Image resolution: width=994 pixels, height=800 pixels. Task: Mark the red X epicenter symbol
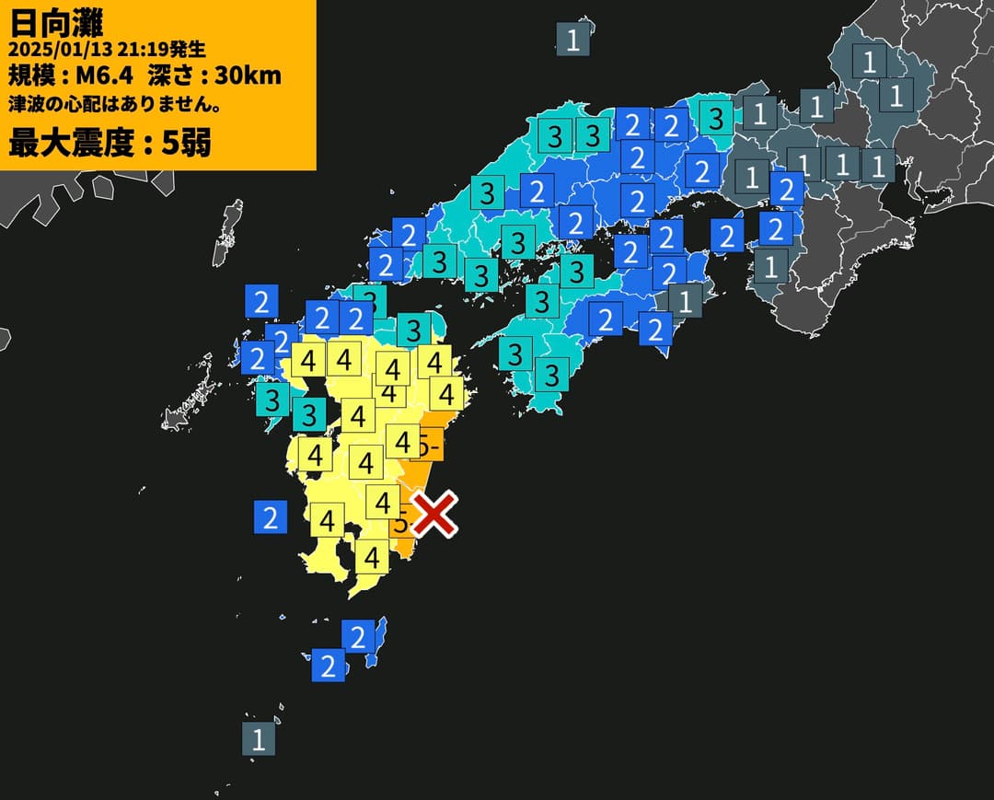coord(434,514)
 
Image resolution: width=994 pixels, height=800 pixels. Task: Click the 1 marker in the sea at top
coord(572,40)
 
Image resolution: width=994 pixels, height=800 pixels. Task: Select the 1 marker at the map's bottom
coord(259,739)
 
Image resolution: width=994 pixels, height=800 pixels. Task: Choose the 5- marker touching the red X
coord(401,523)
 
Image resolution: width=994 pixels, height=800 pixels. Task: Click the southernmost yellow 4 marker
coord(372,557)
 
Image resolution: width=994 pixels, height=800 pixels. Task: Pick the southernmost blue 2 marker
coord(328,666)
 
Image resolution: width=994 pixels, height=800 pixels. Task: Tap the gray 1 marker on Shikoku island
coord(685,300)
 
